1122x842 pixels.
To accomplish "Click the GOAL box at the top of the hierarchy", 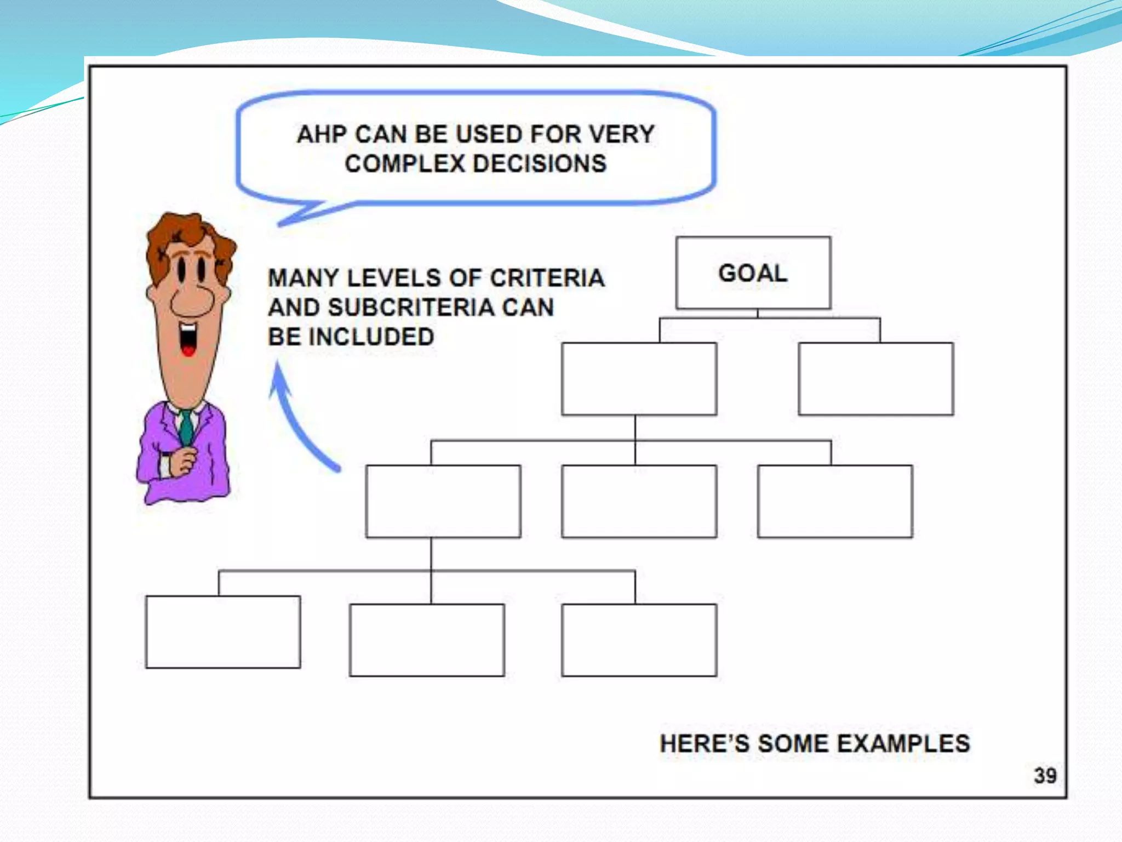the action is coord(753,272).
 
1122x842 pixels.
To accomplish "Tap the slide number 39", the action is coord(1045,776).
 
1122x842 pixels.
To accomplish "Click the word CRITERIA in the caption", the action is coord(547,278).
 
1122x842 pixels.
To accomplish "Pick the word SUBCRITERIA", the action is coord(411,307).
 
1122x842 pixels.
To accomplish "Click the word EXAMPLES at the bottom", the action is coord(903,744).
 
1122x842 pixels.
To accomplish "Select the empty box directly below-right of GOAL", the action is coord(875,378).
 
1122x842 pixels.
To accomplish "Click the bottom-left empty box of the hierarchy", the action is coord(223,631).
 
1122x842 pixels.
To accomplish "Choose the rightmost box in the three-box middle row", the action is coord(835,501).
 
